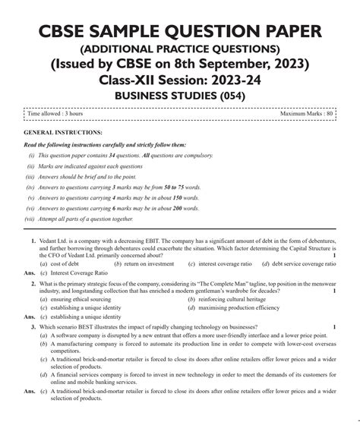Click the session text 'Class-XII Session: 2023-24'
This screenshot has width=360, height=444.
point(180,78)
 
